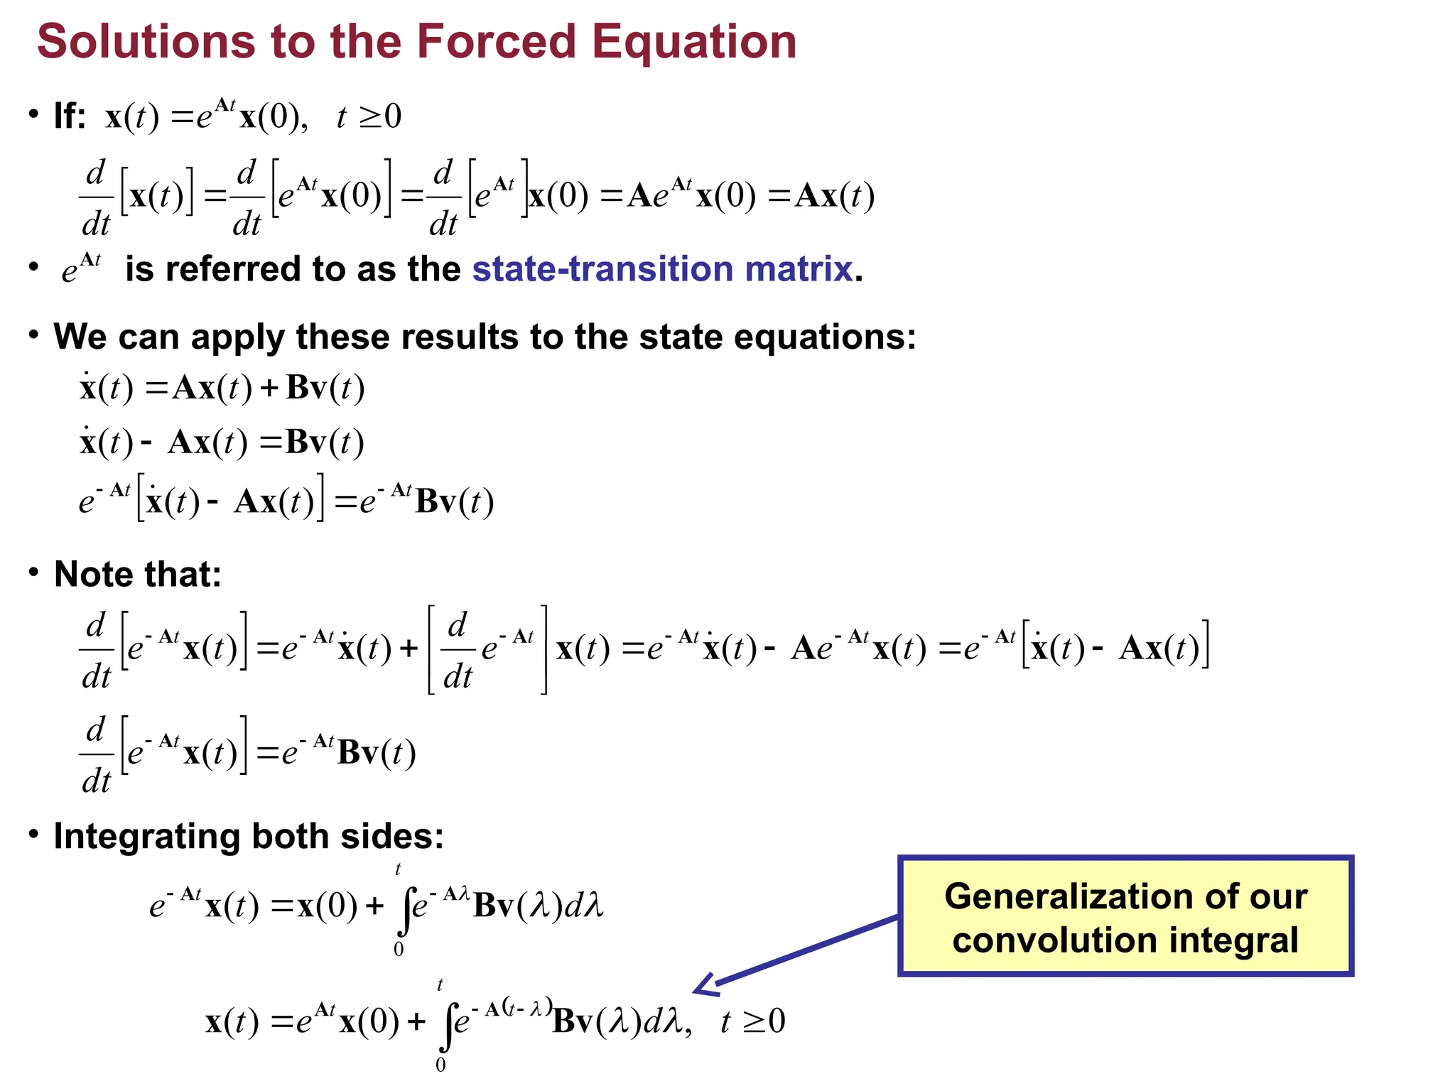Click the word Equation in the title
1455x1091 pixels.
point(694,41)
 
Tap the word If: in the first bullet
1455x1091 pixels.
point(70,116)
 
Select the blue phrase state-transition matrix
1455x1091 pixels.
point(662,269)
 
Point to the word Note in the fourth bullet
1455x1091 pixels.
point(98,574)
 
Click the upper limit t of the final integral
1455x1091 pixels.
point(440,985)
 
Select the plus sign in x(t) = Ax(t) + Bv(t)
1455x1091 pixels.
point(269,389)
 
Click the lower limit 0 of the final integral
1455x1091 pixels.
point(440,1065)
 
